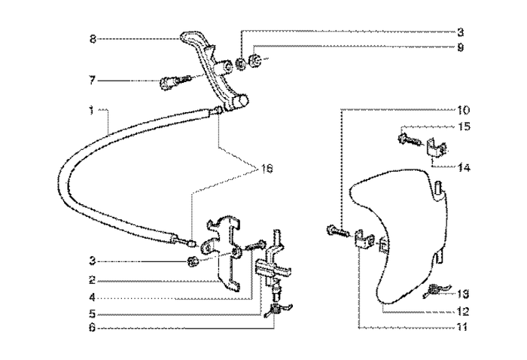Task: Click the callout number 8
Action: click(93, 38)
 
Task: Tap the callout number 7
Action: click(93, 79)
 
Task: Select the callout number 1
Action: click(90, 110)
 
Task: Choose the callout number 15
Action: click(464, 127)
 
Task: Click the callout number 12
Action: click(463, 310)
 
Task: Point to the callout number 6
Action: click(91, 328)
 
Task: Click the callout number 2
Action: click(91, 279)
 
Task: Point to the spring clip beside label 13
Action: click(435, 291)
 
